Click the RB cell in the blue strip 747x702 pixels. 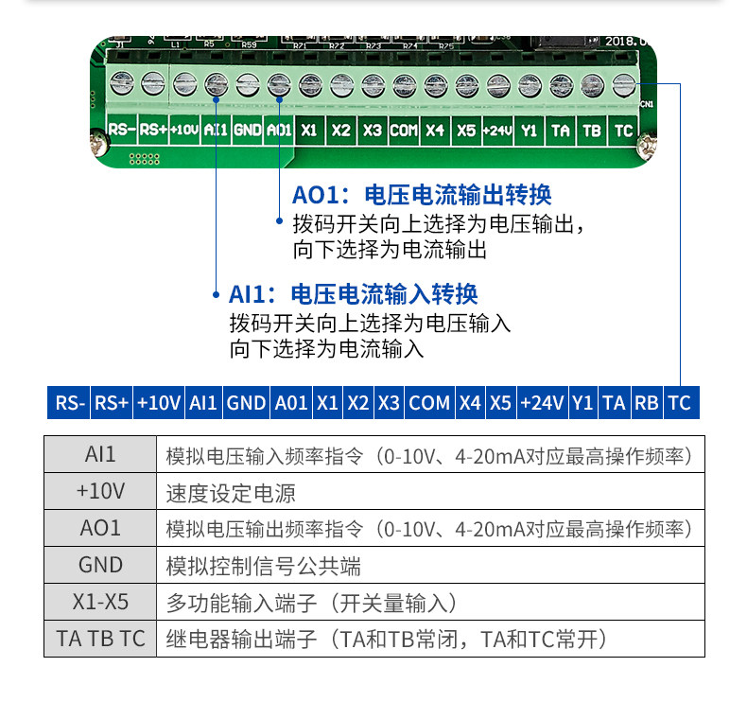(647, 402)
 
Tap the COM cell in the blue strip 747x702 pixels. (429, 402)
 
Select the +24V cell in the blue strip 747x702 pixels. (543, 402)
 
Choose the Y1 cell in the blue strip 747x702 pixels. (583, 402)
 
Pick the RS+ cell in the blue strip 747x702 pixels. (112, 402)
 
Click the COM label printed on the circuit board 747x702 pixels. (403, 130)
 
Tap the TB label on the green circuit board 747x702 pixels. (591, 130)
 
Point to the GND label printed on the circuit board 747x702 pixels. (247, 130)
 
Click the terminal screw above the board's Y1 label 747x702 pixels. (529, 83)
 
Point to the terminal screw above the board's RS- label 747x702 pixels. (121, 83)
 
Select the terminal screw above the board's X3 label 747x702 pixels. (372, 83)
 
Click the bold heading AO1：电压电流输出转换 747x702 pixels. (422, 195)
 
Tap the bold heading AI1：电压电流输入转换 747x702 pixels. (354, 292)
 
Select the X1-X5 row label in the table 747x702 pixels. (100, 603)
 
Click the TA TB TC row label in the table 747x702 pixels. (100, 639)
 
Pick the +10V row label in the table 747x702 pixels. (100, 492)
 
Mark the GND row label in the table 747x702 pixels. (100, 566)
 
